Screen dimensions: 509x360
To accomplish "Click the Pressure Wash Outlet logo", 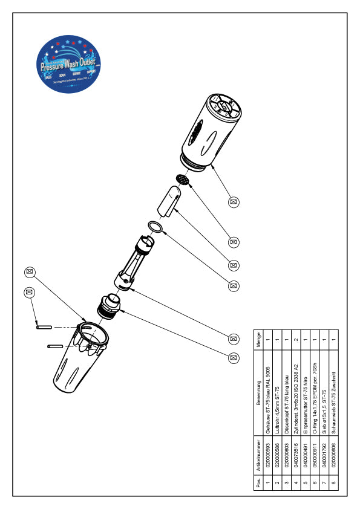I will (x=68, y=65).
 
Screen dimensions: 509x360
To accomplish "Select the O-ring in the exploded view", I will (x=155, y=227).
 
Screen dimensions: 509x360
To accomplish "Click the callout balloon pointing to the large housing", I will (x=234, y=201).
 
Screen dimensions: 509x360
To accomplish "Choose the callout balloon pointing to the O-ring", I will (x=234, y=265).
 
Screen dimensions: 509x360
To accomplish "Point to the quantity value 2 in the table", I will (x=296, y=340).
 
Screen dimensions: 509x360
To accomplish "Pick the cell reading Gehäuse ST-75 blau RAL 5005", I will (x=267, y=397).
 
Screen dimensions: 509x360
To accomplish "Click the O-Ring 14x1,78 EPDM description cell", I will (x=314, y=397).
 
